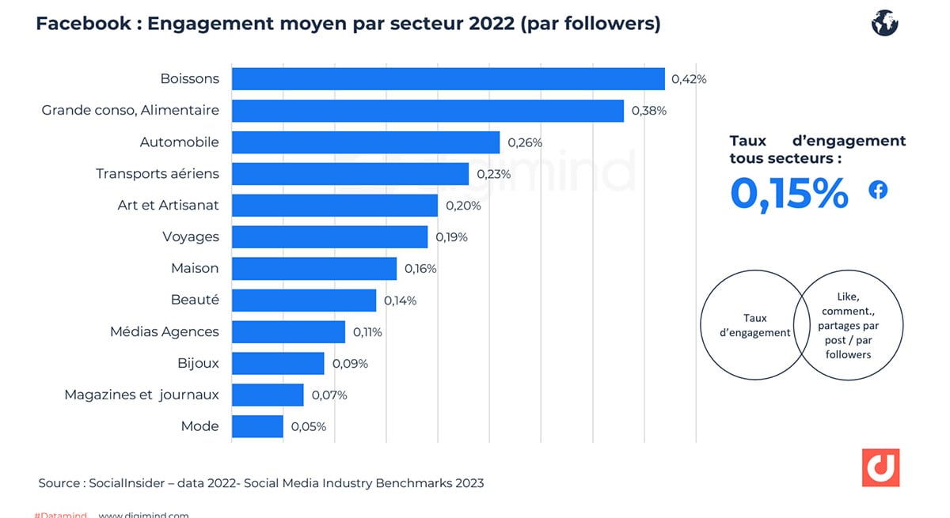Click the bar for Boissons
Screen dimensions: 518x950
click(x=447, y=79)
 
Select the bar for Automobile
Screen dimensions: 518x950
click(x=365, y=142)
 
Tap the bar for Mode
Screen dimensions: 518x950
click(x=256, y=426)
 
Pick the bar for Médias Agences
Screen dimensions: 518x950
click(x=288, y=331)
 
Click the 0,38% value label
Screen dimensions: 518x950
click(x=649, y=111)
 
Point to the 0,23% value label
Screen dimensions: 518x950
click(x=493, y=174)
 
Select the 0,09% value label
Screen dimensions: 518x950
click(x=351, y=364)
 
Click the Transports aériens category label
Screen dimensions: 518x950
click(x=157, y=173)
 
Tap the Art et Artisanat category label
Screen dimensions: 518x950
click(x=168, y=205)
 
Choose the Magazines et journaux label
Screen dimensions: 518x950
click(x=141, y=395)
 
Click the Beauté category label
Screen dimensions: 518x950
click(x=195, y=300)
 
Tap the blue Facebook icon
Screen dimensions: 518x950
click(x=878, y=190)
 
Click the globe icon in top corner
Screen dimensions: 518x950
click(x=884, y=23)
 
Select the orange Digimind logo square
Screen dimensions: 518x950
click(x=880, y=467)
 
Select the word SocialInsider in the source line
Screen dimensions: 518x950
click(x=127, y=482)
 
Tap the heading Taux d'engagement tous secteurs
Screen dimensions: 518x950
click(x=817, y=149)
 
